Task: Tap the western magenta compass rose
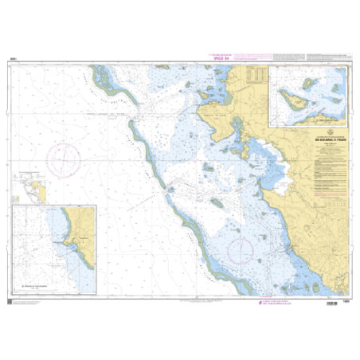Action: click(62, 160)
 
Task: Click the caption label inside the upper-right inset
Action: click(319, 119)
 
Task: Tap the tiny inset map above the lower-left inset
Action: click(36, 191)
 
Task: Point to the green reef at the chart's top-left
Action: click(102, 76)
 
